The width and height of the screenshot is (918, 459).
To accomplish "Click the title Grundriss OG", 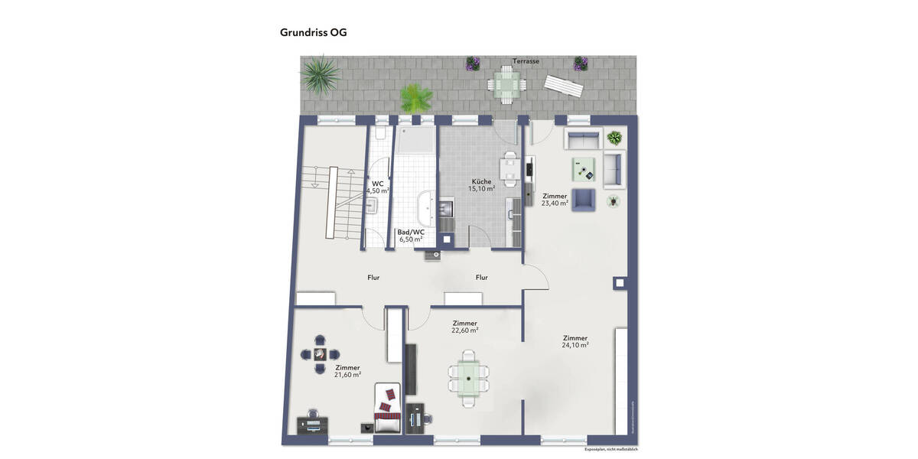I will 314,33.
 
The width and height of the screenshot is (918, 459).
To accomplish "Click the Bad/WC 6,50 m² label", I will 411,236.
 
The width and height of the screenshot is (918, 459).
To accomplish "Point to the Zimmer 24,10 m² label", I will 575,341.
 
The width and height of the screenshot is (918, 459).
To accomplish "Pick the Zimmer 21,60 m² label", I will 347,371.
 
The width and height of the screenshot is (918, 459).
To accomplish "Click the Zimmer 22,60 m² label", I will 464,327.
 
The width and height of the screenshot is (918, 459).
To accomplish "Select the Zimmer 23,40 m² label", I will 555,200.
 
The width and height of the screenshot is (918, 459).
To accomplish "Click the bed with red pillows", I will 388,408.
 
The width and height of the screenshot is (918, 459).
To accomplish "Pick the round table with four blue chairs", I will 320,354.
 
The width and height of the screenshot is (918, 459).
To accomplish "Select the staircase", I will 330,203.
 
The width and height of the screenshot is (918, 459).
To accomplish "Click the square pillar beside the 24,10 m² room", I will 619,283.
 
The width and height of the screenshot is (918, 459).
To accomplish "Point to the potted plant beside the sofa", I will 614,138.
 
